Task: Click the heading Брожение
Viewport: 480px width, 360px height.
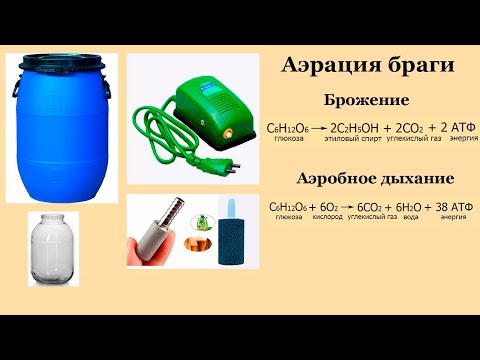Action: coord(367,101)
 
